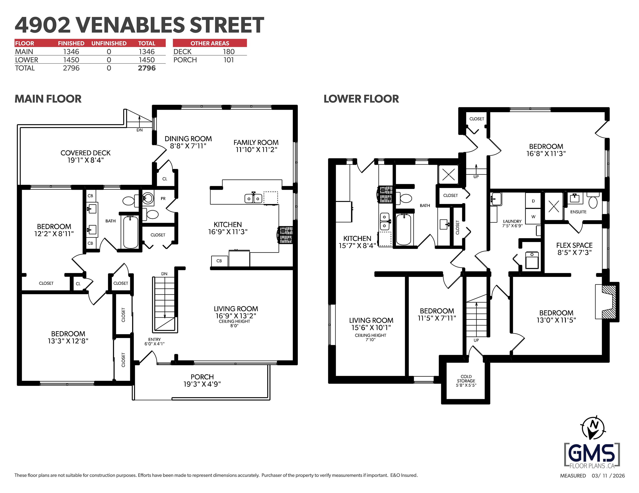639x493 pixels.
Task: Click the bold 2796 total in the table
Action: pos(147,68)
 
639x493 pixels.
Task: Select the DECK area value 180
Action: pos(229,52)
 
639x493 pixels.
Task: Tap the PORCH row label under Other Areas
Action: pos(185,60)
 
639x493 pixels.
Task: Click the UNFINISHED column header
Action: pos(109,43)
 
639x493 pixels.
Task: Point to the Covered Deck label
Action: pos(85,153)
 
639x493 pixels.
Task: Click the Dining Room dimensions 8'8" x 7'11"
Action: pos(188,146)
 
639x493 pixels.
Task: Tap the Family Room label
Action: pos(256,142)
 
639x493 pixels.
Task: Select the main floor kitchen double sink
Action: pos(253,198)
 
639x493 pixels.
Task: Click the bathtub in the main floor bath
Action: pos(130,232)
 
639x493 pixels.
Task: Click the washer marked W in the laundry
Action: pos(533,217)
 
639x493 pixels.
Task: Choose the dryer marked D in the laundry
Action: pos(533,201)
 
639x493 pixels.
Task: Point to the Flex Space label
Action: pos(574,245)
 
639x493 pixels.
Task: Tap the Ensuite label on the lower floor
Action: pos(578,212)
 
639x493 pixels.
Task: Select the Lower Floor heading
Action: pos(361,99)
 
